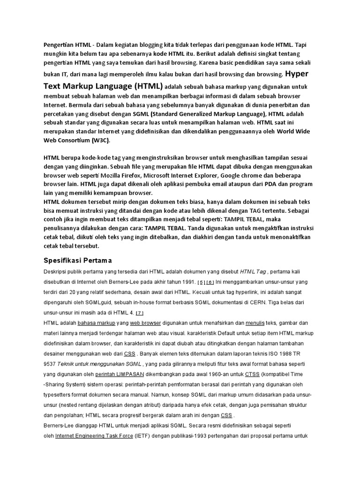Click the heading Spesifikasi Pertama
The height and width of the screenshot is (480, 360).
(77, 260)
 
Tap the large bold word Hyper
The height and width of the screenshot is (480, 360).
(297, 74)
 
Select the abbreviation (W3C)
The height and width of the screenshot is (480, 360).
(101, 140)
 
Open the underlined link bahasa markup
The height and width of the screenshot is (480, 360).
(96, 323)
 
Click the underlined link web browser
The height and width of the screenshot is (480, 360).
(145, 323)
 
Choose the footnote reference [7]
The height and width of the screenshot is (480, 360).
(140, 313)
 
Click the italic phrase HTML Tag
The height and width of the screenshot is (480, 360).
(253, 271)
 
